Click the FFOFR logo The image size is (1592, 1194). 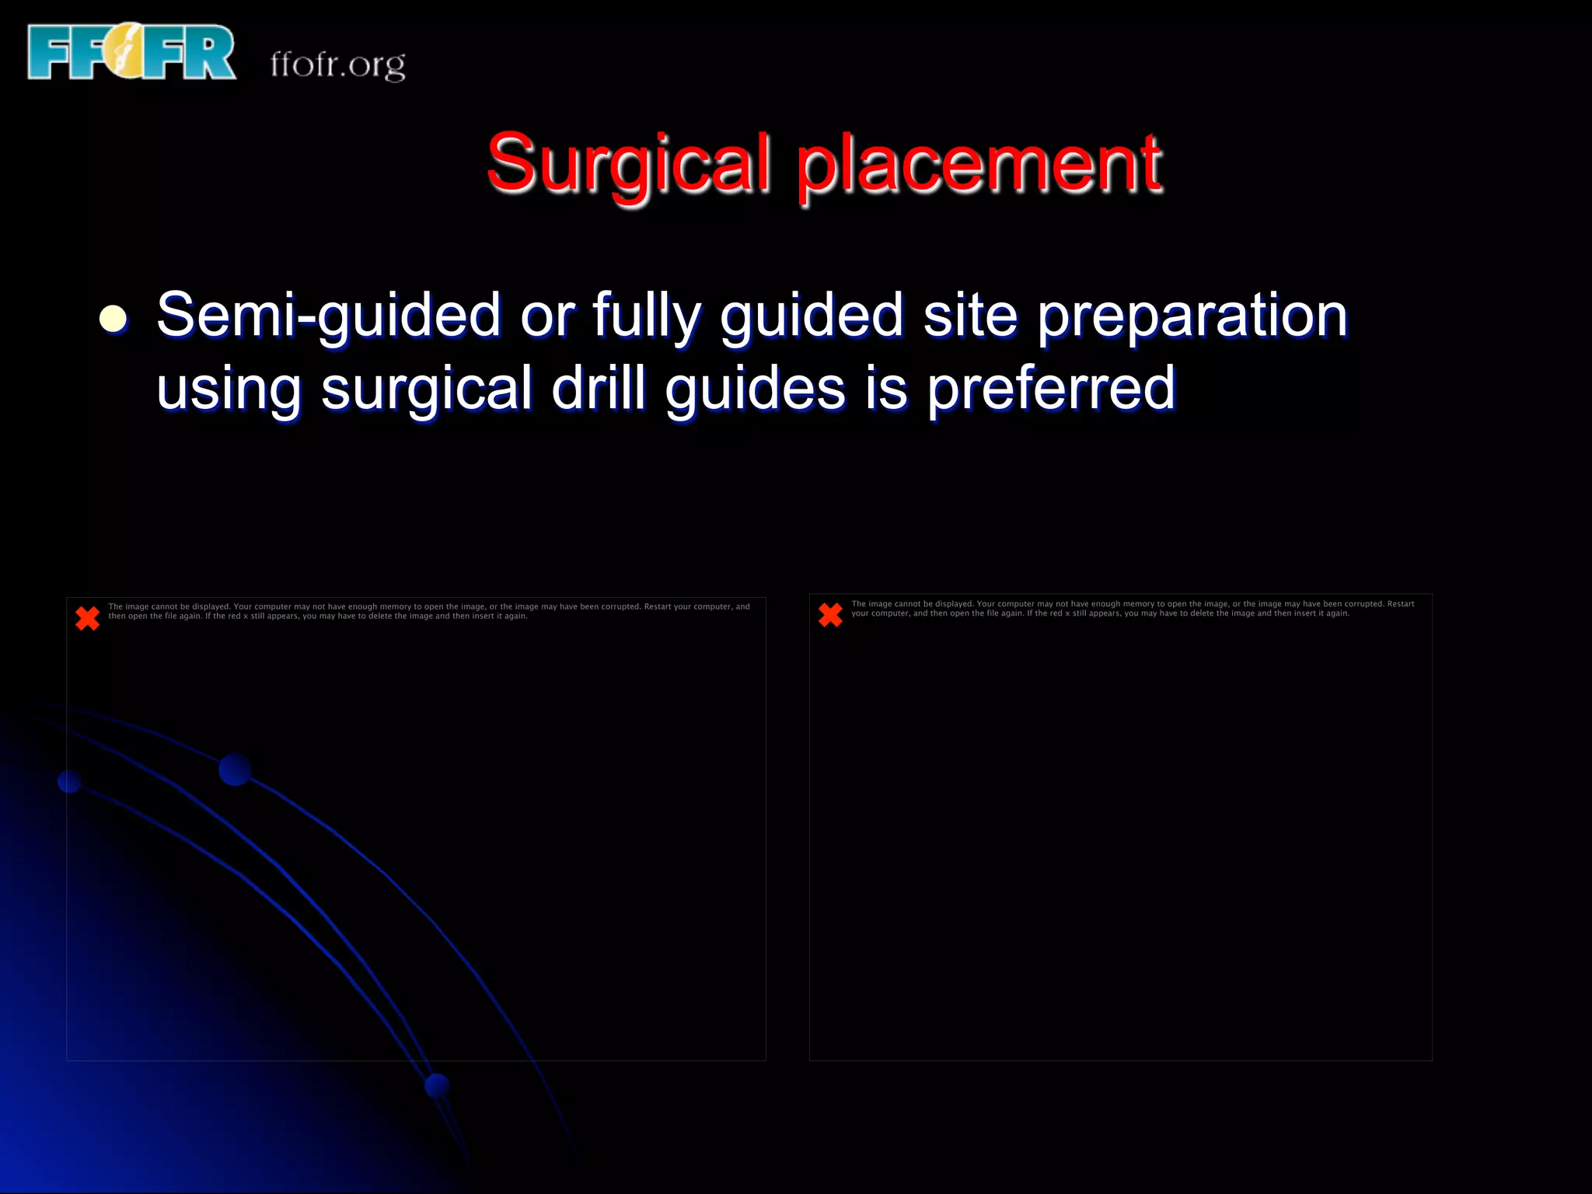(x=131, y=52)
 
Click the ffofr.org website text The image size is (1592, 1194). (x=338, y=65)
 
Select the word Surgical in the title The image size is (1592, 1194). (x=628, y=164)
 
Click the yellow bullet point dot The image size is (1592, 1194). (x=113, y=319)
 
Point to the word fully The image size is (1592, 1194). (x=647, y=316)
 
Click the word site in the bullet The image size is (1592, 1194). (x=970, y=314)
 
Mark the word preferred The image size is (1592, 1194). (x=1051, y=389)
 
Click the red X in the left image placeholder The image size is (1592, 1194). (x=88, y=618)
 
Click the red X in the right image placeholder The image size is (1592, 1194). (x=831, y=615)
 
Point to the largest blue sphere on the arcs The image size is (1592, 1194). (x=235, y=769)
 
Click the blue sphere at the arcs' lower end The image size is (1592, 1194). (x=438, y=1085)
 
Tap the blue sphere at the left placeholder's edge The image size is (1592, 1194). (x=70, y=781)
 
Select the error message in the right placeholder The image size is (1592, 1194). (x=1133, y=608)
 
